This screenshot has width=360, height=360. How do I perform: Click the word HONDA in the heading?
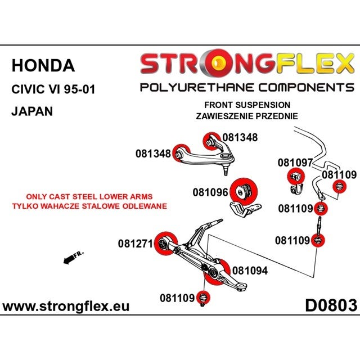tap(43, 66)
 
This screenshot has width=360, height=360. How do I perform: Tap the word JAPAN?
tap(32, 111)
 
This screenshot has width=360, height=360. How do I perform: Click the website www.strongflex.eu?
tap(66, 306)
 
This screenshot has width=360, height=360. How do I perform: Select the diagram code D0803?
tap(331, 305)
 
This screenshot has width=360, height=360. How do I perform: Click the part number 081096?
tap(210, 192)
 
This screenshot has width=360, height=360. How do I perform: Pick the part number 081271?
tap(136, 244)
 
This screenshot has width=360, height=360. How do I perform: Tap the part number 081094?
tap(250, 271)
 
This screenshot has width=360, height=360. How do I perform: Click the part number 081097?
tap(295, 163)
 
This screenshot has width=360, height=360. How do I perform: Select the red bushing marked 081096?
tap(244, 191)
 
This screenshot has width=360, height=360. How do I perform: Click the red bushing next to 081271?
tap(166, 244)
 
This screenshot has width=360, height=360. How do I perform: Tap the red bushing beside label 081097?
tap(296, 177)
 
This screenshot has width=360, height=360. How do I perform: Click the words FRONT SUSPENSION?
tap(247, 105)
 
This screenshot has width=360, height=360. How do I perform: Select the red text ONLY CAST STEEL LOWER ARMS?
tap(89, 196)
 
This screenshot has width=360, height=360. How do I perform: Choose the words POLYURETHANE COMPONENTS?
tap(247, 88)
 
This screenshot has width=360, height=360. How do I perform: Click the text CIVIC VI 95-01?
tap(53, 89)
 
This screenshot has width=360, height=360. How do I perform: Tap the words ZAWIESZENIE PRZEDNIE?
tap(247, 116)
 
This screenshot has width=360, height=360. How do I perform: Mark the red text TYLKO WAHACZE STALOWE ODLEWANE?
tap(89, 206)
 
